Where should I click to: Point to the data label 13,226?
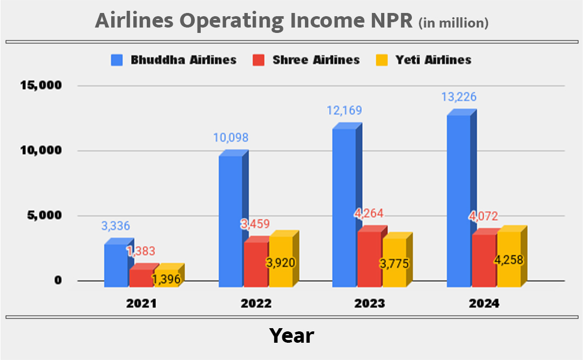tap(458, 98)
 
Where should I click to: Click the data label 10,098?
tap(231, 138)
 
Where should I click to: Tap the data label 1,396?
tap(166, 279)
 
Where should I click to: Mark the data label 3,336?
tap(116, 226)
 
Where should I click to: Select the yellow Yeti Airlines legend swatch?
tap(381, 59)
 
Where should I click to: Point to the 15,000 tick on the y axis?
tap(41, 85)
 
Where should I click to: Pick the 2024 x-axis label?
tap(484, 303)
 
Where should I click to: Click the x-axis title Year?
tap(291, 336)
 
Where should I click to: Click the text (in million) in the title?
tap(453, 23)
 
